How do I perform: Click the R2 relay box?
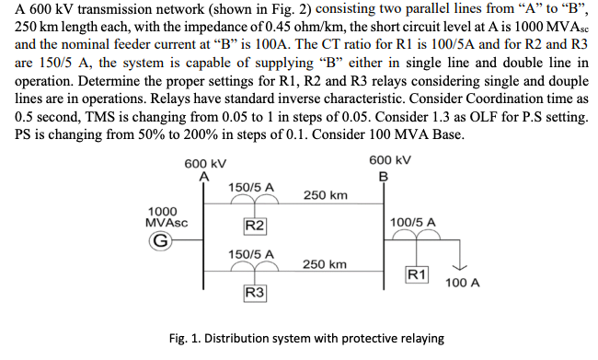click(256, 226)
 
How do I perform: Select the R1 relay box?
click(417, 273)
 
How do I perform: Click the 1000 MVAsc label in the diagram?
click(166, 216)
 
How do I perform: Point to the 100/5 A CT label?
click(413, 222)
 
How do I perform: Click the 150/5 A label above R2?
click(251, 187)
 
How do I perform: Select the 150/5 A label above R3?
click(251, 253)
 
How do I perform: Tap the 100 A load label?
click(462, 284)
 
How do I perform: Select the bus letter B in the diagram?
click(383, 176)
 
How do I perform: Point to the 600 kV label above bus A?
click(203, 163)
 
